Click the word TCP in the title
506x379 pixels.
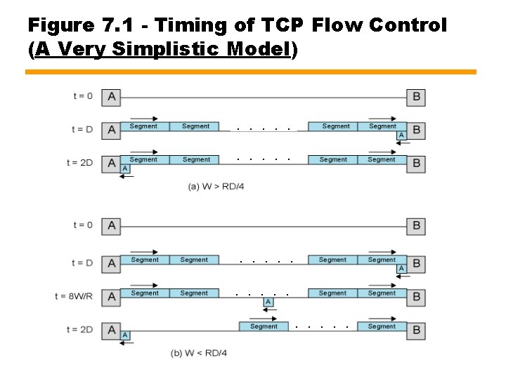tap(281, 26)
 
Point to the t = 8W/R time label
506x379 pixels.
tap(73, 297)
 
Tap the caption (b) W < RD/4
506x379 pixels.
tap(199, 352)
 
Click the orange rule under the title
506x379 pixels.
tap(251, 72)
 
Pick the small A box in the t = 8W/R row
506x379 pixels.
tap(268, 302)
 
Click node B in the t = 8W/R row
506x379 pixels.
tap(416, 296)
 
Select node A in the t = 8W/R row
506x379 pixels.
tap(111, 296)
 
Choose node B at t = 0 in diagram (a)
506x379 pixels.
tap(417, 97)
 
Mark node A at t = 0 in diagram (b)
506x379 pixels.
tap(111, 226)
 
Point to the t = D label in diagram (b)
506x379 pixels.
tap(82, 263)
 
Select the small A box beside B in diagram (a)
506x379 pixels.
tap(401, 135)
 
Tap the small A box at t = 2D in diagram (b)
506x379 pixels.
tap(125, 335)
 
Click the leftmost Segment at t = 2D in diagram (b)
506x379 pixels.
tap(264, 326)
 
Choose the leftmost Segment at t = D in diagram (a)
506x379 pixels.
tap(143, 126)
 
